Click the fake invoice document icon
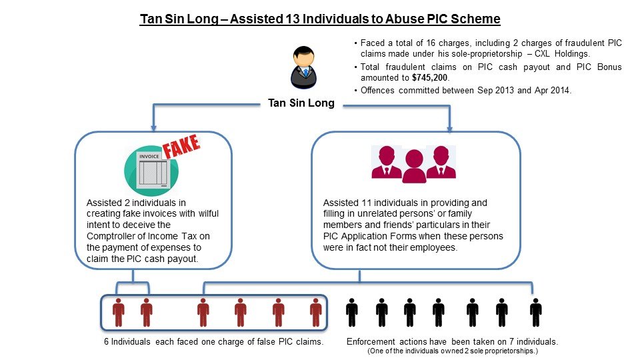tap(153, 169)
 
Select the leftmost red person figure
tap(119, 311)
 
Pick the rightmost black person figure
tap(535, 311)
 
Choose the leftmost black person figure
tap(352, 311)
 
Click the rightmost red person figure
tap(316, 311)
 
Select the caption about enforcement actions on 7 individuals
tap(453, 341)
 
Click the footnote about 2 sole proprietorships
tap(453, 351)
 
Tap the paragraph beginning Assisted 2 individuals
tap(153, 230)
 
